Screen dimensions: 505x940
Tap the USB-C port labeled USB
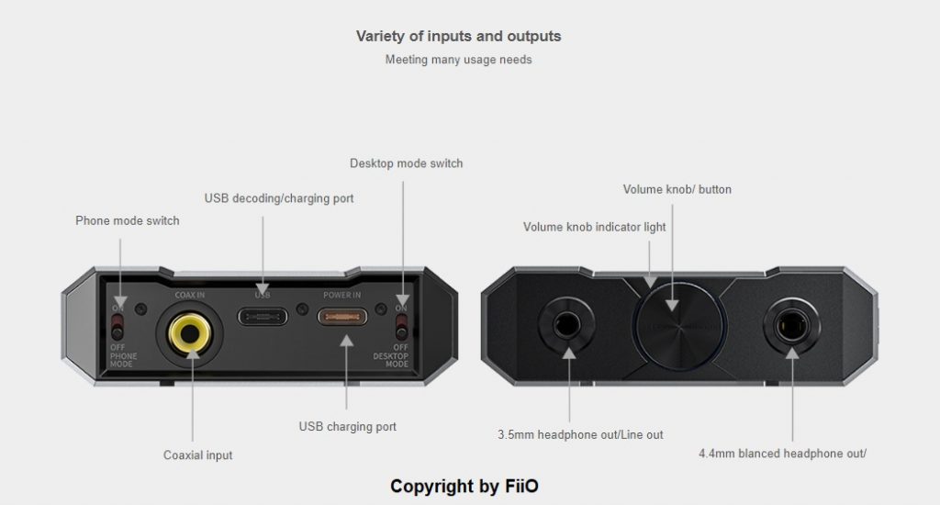point(263,317)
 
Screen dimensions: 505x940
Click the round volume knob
point(678,320)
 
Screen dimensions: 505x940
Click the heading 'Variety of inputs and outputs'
point(458,37)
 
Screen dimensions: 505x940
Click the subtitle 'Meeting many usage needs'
point(458,61)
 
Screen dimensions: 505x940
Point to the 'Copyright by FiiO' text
point(471,485)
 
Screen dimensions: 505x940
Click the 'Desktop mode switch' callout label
point(406,163)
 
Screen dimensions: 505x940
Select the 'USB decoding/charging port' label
point(278,197)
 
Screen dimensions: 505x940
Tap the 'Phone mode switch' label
point(127,220)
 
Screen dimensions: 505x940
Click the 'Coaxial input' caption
point(197,454)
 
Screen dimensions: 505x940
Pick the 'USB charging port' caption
point(347,427)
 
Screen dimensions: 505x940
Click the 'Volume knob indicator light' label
point(594,227)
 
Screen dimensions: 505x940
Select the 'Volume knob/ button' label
point(677,190)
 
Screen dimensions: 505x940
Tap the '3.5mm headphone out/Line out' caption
point(580,434)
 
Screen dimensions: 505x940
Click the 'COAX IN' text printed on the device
point(190,295)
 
